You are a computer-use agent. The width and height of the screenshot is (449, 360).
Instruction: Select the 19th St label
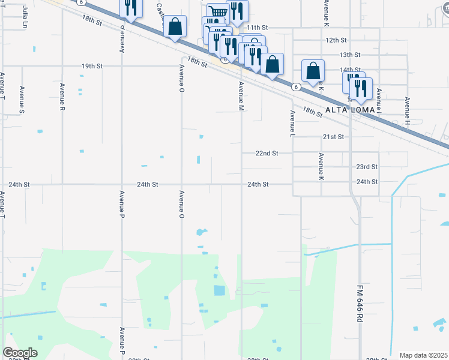point(92,66)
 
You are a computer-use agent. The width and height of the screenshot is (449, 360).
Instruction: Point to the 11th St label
point(257,28)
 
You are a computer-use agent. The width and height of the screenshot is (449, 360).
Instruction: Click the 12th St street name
point(337,40)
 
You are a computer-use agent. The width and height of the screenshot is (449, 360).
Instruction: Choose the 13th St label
point(349,55)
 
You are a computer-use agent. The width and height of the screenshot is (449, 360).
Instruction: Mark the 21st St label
point(333,137)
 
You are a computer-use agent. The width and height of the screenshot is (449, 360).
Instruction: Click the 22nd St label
point(267,154)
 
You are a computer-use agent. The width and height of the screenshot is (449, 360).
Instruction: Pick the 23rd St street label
point(367,167)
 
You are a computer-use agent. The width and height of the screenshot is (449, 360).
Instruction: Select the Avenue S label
point(22,100)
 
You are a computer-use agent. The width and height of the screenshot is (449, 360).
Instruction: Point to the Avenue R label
point(62,96)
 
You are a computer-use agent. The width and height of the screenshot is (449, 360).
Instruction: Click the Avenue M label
point(241,96)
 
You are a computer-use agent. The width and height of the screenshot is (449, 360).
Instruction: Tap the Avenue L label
point(293,122)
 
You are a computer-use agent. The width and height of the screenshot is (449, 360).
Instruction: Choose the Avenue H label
point(407,111)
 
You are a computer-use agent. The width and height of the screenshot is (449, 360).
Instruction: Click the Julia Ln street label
point(25,11)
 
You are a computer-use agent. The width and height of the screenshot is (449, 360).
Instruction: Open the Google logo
point(20,353)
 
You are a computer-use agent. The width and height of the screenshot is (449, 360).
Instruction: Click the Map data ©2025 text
point(424,355)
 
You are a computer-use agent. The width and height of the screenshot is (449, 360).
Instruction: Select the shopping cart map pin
point(217,13)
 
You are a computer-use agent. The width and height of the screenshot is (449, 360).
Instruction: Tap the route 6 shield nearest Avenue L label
point(296,87)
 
